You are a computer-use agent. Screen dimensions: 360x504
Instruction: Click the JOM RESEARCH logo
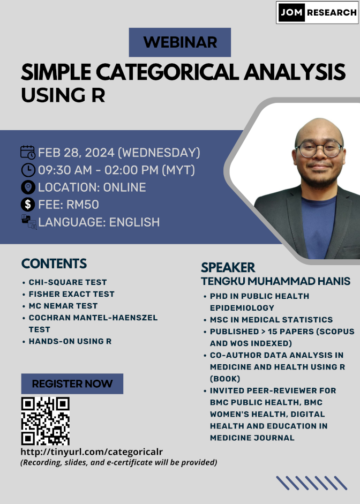[317, 12]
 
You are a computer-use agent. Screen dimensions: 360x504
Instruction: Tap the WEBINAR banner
[179, 42]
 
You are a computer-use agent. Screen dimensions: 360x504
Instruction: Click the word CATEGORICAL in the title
[167, 72]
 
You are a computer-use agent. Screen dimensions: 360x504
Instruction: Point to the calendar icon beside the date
[28, 152]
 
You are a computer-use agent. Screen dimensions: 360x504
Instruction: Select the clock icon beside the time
[28, 170]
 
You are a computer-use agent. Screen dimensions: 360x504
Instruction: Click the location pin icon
[28, 187]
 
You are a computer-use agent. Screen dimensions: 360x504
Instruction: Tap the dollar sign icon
[28, 205]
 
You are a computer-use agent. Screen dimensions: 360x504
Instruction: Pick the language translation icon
[29, 222]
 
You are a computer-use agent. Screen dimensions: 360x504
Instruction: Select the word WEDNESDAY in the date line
[159, 152]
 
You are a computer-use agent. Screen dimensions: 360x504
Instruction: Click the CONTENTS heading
[54, 264]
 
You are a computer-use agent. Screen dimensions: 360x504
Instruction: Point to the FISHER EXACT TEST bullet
[71, 294]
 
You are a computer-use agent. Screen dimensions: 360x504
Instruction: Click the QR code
[46, 421]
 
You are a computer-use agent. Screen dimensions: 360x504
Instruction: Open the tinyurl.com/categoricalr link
[92, 452]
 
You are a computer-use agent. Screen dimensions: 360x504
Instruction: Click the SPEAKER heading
[228, 267]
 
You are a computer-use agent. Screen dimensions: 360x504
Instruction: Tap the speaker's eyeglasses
[319, 149]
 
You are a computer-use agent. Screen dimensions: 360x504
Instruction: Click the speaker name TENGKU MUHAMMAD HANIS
[275, 281]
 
